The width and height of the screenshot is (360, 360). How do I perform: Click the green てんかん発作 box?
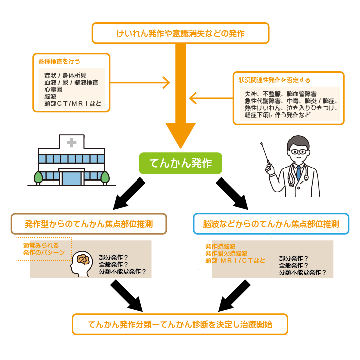[180, 163]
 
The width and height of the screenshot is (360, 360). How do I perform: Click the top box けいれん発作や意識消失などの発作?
[181, 34]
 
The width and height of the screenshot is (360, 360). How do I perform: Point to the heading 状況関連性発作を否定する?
[274, 80]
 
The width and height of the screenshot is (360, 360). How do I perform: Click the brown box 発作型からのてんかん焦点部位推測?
[88, 224]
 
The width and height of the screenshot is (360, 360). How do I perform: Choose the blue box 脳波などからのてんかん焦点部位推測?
[271, 224]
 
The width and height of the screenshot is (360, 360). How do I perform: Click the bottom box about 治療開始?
[180, 324]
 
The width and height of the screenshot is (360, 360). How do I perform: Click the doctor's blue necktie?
[299, 173]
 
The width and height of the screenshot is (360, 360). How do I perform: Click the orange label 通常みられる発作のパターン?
[44, 249]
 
